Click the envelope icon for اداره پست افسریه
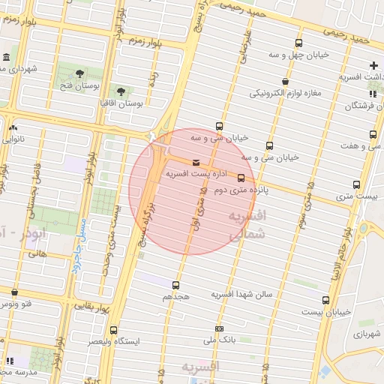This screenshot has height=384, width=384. pyautogui.click(x=196, y=163)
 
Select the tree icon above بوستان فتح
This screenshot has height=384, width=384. pyautogui.click(x=79, y=73)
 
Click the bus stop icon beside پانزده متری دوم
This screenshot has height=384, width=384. pyautogui.click(x=241, y=178)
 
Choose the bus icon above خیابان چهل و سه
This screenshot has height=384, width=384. pyautogui.click(x=299, y=43)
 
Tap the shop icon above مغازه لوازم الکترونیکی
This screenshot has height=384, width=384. pyautogui.click(x=286, y=82)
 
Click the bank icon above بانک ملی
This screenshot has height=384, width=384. pyautogui.click(x=219, y=328)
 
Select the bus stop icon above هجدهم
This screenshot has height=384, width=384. pyautogui.click(x=176, y=285)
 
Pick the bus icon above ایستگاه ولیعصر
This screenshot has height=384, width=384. pyautogui.click(x=114, y=330)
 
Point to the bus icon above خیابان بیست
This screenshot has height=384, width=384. pyautogui.click(x=325, y=300)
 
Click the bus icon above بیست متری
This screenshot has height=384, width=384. pyautogui.click(x=356, y=184)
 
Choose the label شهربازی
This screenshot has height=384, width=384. pyautogui.click(x=367, y=333)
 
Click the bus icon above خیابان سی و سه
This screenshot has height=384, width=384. pyautogui.click(x=219, y=126)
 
